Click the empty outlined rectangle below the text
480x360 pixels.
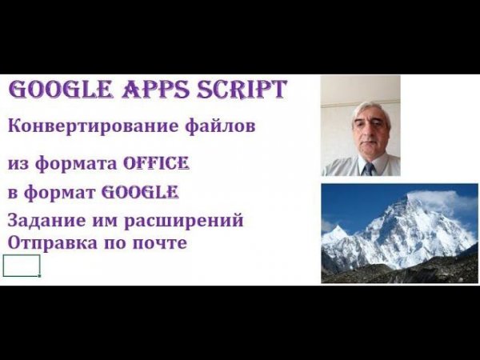[x=21, y=266]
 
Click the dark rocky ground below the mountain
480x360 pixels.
[x=400, y=272]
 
